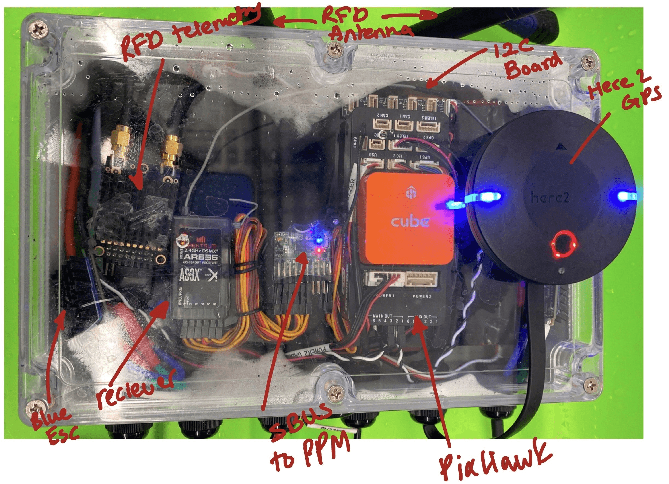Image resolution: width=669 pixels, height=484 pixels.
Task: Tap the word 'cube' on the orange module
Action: (410, 222)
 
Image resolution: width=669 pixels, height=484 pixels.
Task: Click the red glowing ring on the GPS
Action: (564, 244)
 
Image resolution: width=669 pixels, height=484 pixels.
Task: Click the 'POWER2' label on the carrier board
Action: (422, 296)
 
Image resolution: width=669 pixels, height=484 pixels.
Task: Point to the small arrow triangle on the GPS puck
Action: (558, 146)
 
